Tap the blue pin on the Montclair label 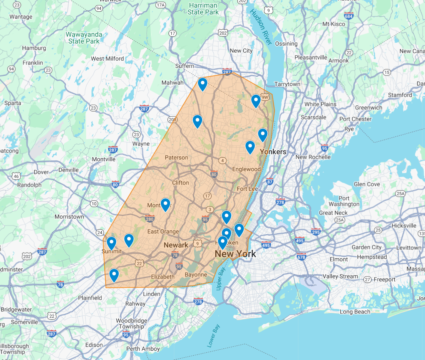click(165, 204)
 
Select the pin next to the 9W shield click(256, 100)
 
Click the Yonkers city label click(273, 152)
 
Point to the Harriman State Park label click(203, 9)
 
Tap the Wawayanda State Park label click(84, 38)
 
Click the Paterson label click(176, 158)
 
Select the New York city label click(235, 254)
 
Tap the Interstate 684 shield click(348, 16)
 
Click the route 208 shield click(173, 120)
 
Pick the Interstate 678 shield click(301, 257)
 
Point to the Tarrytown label click(287, 84)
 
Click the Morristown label click(69, 217)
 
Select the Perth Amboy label click(143, 349)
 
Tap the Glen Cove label click(367, 184)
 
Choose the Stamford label click(400, 95)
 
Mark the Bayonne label click(196, 275)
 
